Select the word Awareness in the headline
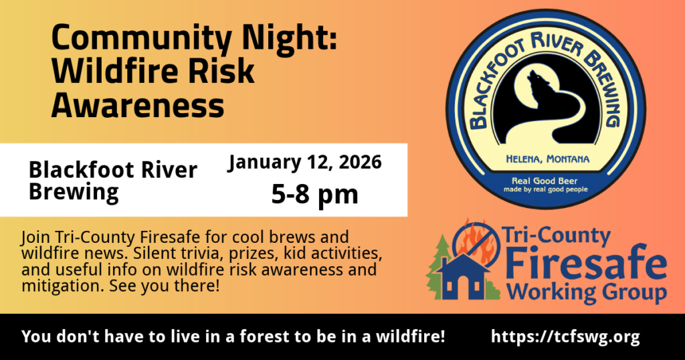click(x=138, y=106)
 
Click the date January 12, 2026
click(x=305, y=163)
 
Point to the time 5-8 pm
click(x=314, y=194)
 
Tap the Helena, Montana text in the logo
click(x=548, y=159)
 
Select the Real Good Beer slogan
click(x=545, y=181)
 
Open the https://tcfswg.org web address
click(x=565, y=337)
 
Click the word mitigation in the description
click(x=63, y=286)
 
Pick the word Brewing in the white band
click(x=74, y=193)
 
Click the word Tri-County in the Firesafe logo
click(x=556, y=236)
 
